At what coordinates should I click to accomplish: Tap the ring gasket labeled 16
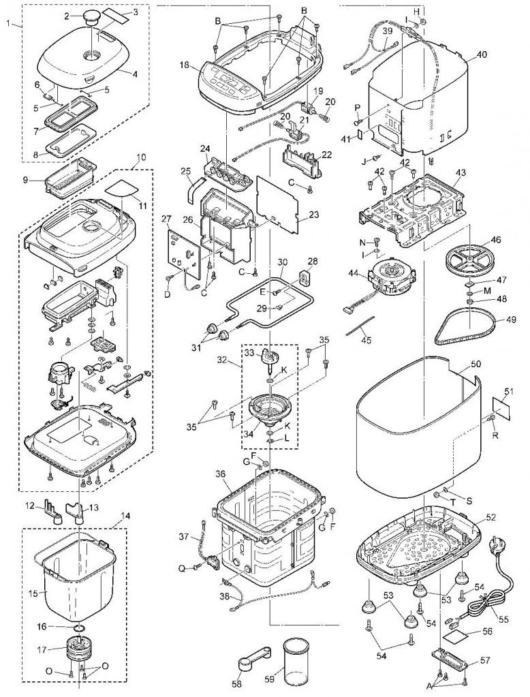pos(79,626)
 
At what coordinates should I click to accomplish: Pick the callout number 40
pos(482,55)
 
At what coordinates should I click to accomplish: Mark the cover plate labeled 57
pos(450,662)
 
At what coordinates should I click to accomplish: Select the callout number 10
pos(140,157)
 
